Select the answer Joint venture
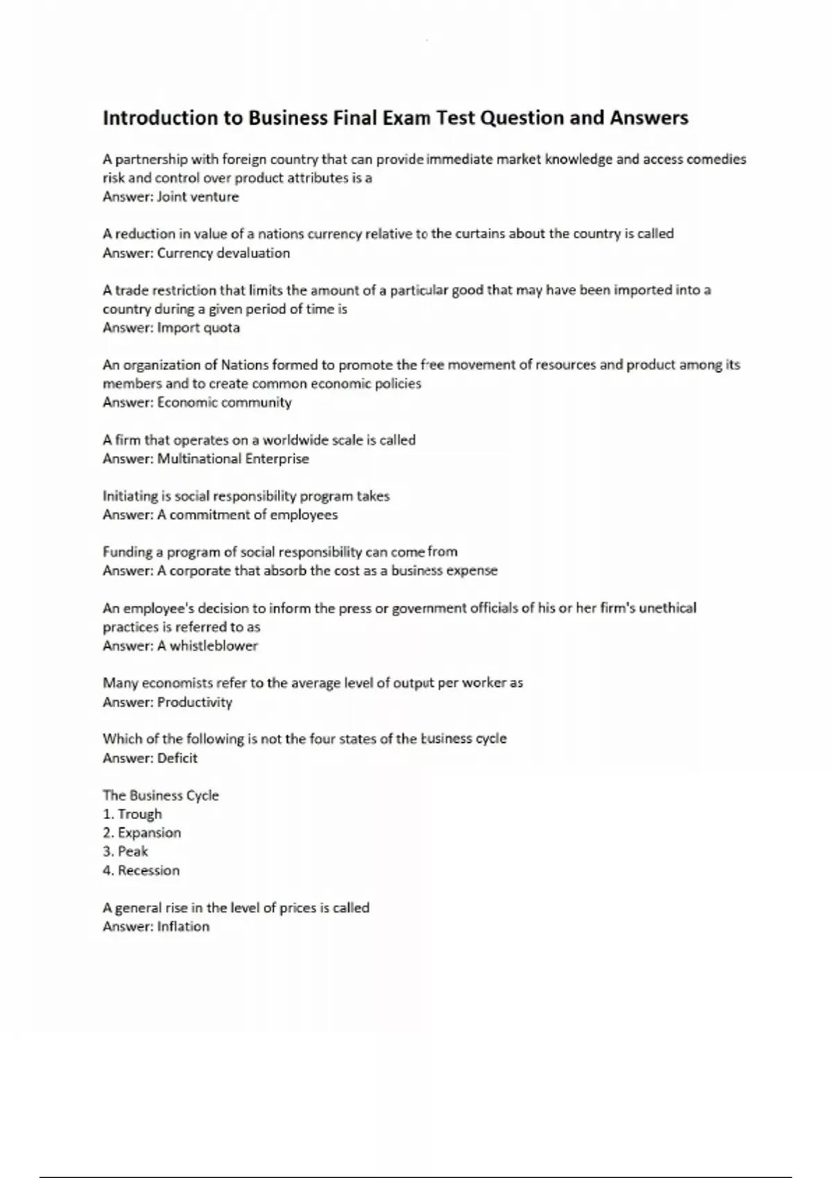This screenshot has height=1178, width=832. click(x=198, y=197)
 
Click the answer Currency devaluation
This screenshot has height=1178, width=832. click(x=223, y=253)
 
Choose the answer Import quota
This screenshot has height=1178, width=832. click(x=198, y=328)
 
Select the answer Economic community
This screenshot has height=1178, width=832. click(x=224, y=403)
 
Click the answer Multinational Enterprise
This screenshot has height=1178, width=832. click(x=233, y=459)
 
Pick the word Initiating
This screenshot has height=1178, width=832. click(x=130, y=496)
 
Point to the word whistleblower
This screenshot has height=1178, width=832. click(x=214, y=646)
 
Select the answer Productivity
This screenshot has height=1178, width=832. click(x=194, y=702)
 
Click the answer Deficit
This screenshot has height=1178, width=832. click(x=177, y=758)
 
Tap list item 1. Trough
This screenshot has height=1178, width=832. click(x=132, y=814)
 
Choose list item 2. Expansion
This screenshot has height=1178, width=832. click(x=142, y=833)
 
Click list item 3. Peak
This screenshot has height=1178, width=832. click(x=125, y=852)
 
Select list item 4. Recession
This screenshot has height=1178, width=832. click(x=141, y=870)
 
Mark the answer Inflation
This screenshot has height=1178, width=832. click(x=183, y=926)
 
